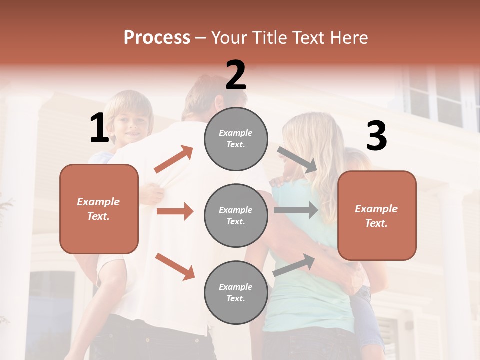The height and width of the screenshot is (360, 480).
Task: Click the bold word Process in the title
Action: click(x=157, y=37)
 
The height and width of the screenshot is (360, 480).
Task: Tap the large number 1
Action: click(x=99, y=128)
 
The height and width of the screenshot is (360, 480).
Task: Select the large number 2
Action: click(x=236, y=75)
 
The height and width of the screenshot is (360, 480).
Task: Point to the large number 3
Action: click(x=376, y=136)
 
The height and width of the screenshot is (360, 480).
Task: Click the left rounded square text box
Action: click(x=99, y=209)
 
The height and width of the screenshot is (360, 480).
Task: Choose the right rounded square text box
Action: click(x=377, y=216)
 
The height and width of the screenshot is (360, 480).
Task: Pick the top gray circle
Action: click(x=236, y=139)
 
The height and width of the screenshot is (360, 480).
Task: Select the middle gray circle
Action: click(x=236, y=216)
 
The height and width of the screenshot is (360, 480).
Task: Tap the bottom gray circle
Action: click(x=236, y=293)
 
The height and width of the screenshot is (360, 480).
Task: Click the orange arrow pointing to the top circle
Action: click(x=173, y=159)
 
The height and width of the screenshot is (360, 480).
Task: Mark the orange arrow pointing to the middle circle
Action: click(x=175, y=211)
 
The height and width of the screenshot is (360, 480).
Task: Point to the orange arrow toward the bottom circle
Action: click(x=175, y=266)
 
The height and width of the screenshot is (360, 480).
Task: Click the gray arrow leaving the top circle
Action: click(x=297, y=159)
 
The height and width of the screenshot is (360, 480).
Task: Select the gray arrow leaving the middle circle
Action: click(x=296, y=210)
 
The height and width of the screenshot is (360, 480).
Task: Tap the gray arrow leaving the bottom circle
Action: click(x=294, y=265)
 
